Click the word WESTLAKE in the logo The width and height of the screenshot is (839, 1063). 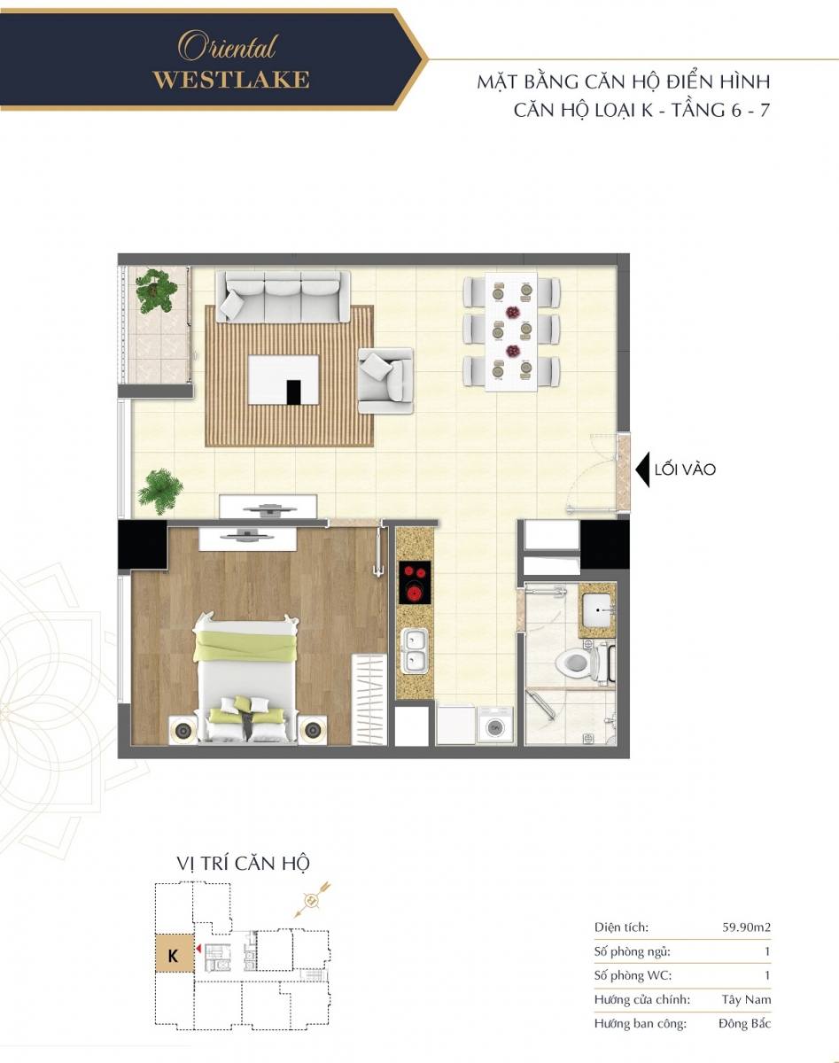tap(231, 80)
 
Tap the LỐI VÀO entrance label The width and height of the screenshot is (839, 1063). tap(685, 469)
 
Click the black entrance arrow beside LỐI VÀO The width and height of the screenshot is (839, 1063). tap(642, 469)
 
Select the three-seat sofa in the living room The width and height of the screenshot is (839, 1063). tap(283, 297)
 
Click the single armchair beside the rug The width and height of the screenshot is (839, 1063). tap(385, 380)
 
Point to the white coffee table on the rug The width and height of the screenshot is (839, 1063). tap(284, 380)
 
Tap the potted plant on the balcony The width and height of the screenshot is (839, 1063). tap(156, 291)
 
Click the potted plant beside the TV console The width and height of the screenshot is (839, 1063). tap(160, 491)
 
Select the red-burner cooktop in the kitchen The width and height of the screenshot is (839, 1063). tap(415, 582)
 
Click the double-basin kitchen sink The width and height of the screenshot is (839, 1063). tap(415, 651)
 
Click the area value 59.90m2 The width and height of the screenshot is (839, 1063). tap(746, 927)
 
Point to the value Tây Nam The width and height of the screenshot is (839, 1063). tap(746, 1000)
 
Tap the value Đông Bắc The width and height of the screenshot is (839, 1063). tap(744, 1023)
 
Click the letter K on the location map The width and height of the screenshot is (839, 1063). tap(173, 956)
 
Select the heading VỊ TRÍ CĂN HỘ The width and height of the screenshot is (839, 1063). tap(243, 864)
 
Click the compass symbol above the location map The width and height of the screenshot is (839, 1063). tap(312, 900)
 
